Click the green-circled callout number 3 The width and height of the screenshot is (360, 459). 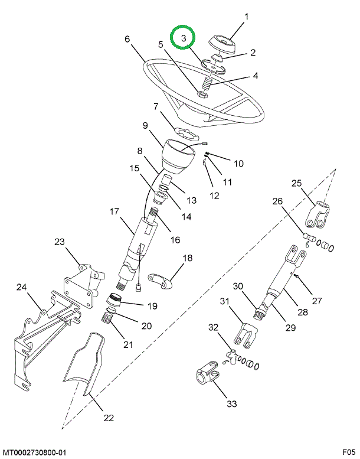pos(184,38)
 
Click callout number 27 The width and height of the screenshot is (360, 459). pos(316,301)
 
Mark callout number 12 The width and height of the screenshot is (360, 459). pos(213,195)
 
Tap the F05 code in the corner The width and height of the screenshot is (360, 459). pos(349,453)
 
